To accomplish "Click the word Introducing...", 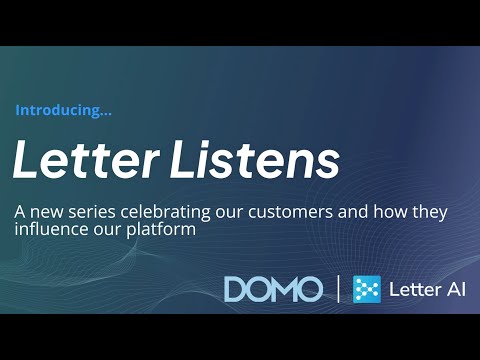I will (x=63, y=111).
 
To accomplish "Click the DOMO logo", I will (x=273, y=289).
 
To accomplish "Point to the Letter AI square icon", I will (x=367, y=289).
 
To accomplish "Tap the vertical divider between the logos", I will (x=337, y=289).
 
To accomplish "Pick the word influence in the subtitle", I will (x=46, y=230).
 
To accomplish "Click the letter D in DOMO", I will (x=237, y=289).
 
